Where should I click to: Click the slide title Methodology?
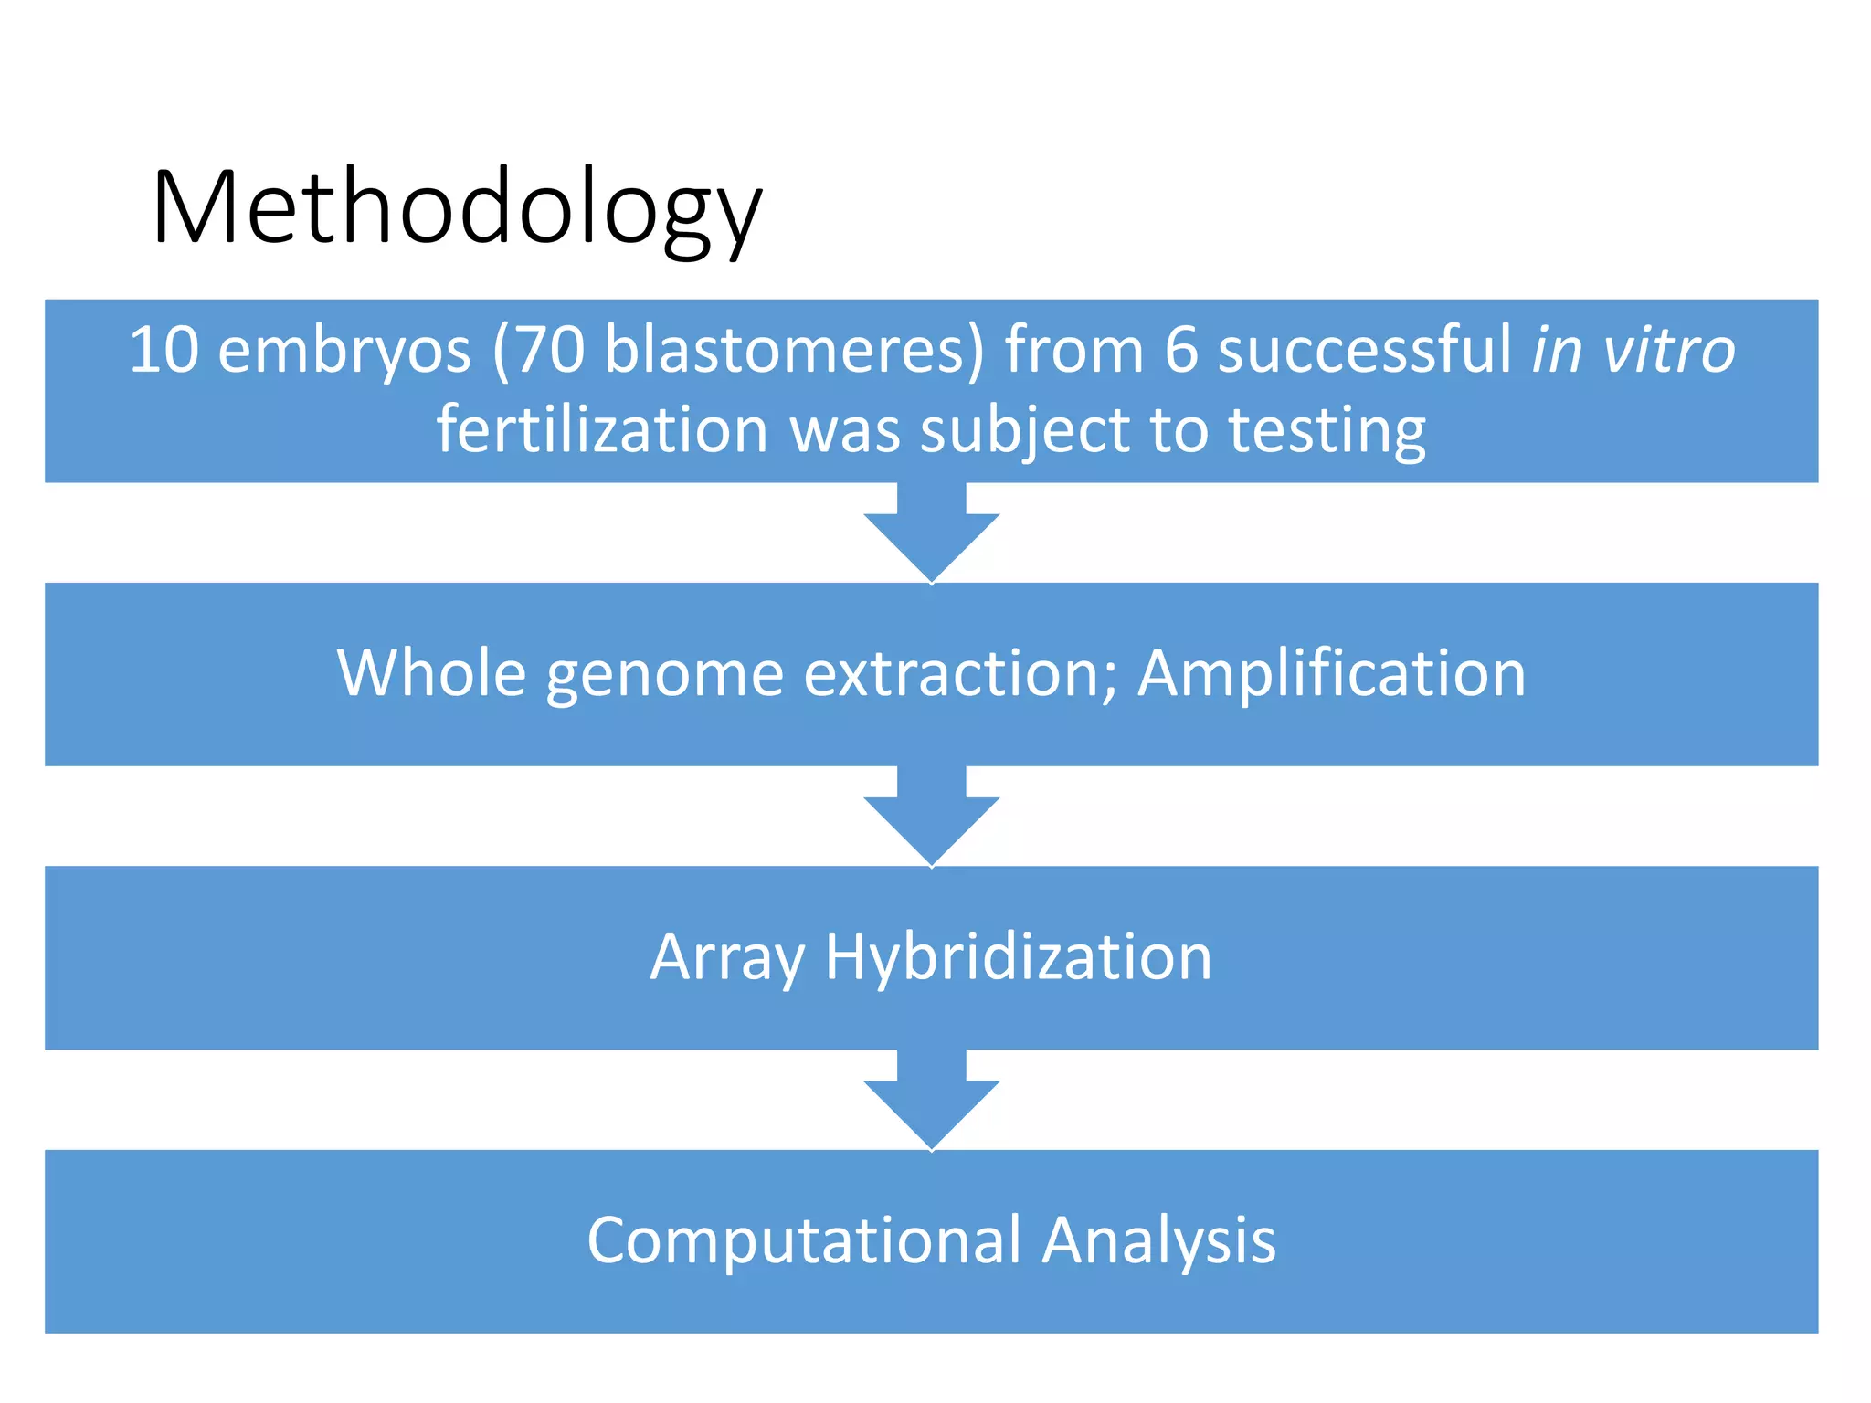457,208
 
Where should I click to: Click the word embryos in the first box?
344,352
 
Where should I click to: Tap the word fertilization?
602,430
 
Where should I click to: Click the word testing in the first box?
1327,432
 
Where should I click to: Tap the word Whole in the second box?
431,674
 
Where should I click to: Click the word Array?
727,959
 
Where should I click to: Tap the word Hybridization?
1019,959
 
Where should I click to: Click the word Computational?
804,1242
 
